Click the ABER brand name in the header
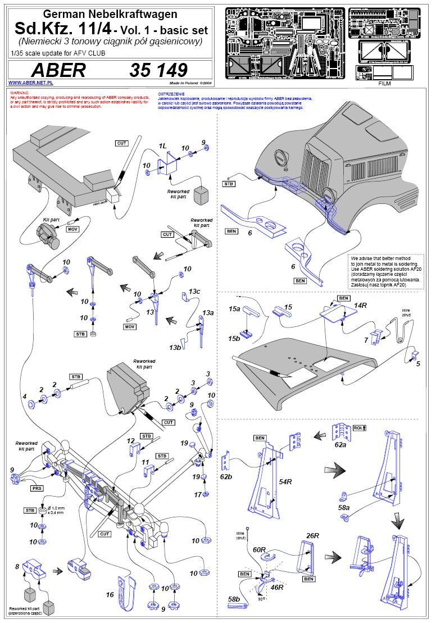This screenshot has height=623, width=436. click(58, 70)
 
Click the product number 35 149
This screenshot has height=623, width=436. click(158, 70)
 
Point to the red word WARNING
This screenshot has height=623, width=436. click(19, 92)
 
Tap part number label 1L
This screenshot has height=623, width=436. click(163, 146)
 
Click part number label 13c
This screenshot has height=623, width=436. click(194, 292)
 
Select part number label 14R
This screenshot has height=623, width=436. click(360, 305)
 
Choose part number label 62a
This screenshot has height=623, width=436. click(340, 444)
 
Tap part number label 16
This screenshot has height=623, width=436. click(110, 594)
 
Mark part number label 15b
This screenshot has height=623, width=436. click(234, 339)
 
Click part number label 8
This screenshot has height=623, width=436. click(17, 566)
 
